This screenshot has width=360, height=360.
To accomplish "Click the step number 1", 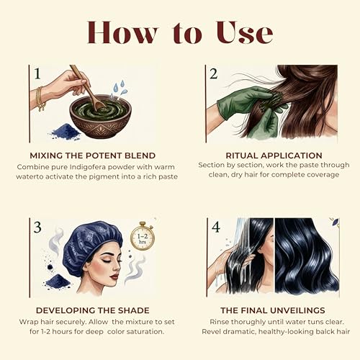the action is (37, 73).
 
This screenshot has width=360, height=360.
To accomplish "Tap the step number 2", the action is (213, 73).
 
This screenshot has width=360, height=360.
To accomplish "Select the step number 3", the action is (37, 227).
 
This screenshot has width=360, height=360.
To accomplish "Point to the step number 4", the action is (216, 227).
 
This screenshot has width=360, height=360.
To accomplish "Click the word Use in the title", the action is (245, 32).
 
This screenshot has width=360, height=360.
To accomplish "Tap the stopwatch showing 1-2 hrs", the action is (143, 236).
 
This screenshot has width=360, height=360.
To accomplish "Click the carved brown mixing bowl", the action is (101, 117).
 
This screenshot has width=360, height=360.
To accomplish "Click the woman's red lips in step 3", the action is (115, 276).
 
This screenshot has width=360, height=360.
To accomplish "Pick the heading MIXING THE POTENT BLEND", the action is (93, 156).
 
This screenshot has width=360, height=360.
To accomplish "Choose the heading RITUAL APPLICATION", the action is (274, 156).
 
